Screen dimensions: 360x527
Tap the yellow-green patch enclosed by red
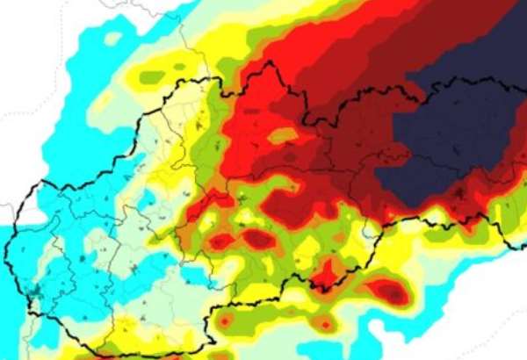[282, 136]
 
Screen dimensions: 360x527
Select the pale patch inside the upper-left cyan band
[112, 39]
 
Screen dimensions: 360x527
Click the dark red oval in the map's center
[259, 239]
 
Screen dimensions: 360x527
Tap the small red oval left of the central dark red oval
[220, 240]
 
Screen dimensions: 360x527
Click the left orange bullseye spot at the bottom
[225, 322]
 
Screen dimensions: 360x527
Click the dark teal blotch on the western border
[35, 290]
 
